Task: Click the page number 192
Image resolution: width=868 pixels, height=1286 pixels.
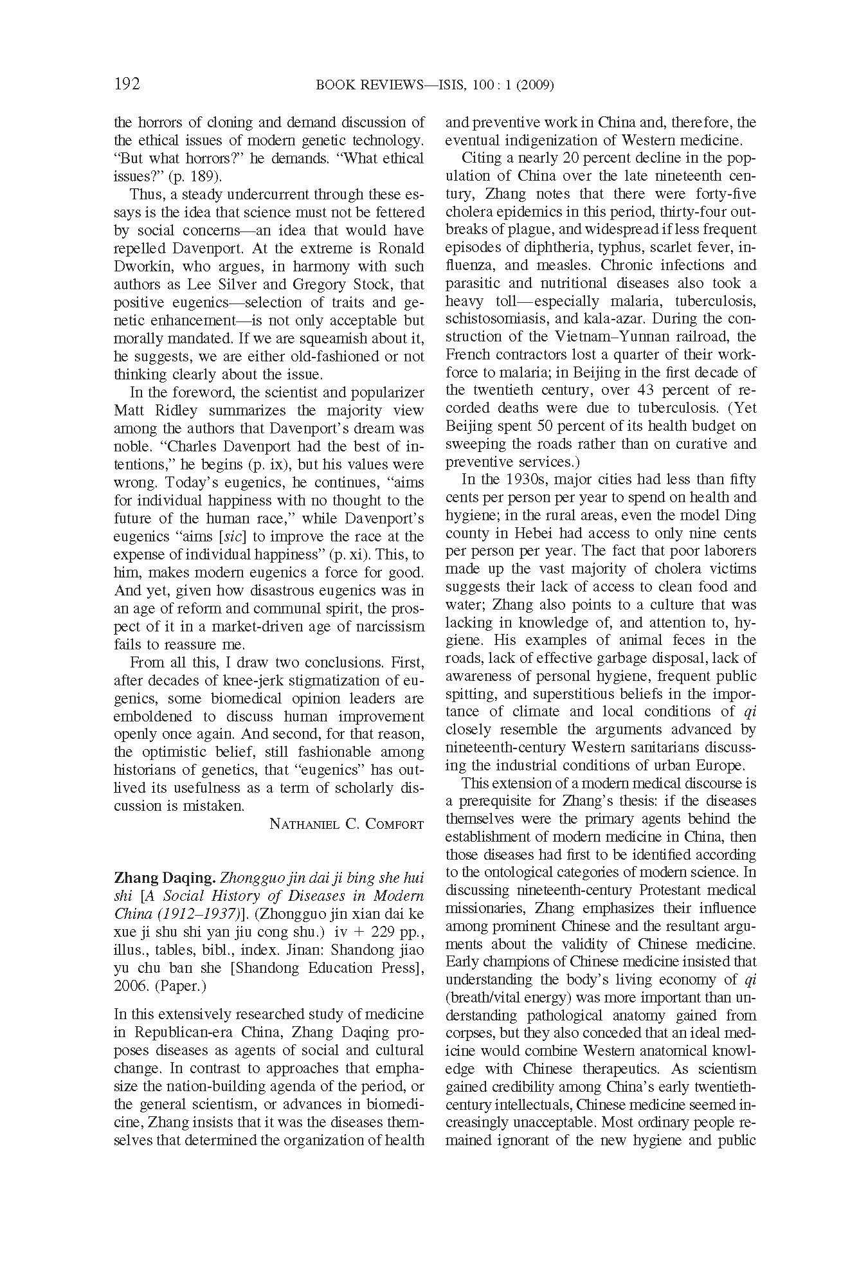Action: tap(127, 84)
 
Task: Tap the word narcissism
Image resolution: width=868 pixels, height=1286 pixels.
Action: tap(391, 626)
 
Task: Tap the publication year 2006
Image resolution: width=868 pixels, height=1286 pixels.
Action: tap(131, 986)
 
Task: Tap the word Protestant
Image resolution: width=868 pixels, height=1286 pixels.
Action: tap(653, 891)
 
